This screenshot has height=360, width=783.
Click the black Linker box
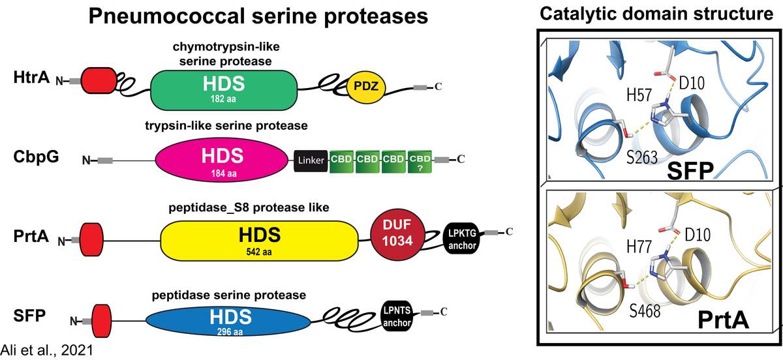(x=311, y=159)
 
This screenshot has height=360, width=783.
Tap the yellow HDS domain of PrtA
(x=259, y=238)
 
